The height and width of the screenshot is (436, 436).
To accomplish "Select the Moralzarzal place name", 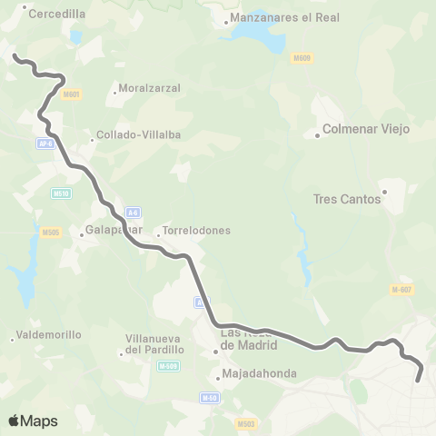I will pyautogui.click(x=149, y=89).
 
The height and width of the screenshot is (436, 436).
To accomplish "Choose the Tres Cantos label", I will pyautogui.click(x=346, y=199).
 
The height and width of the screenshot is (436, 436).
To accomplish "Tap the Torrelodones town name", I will pyautogui.click(x=195, y=231).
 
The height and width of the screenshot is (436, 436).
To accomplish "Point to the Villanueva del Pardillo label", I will pyautogui.click(x=154, y=345).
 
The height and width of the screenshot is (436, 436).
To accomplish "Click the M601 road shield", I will pyautogui.click(x=71, y=94).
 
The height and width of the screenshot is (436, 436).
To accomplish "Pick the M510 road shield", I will pyautogui.click(x=62, y=193).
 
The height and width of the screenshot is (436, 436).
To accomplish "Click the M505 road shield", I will pyautogui.click(x=51, y=233).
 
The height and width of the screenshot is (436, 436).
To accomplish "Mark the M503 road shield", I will pyautogui.click(x=244, y=423).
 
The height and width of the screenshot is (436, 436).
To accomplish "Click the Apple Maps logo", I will pyautogui.click(x=33, y=421).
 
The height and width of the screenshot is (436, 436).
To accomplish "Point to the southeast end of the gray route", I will pyautogui.click(x=418, y=380).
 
